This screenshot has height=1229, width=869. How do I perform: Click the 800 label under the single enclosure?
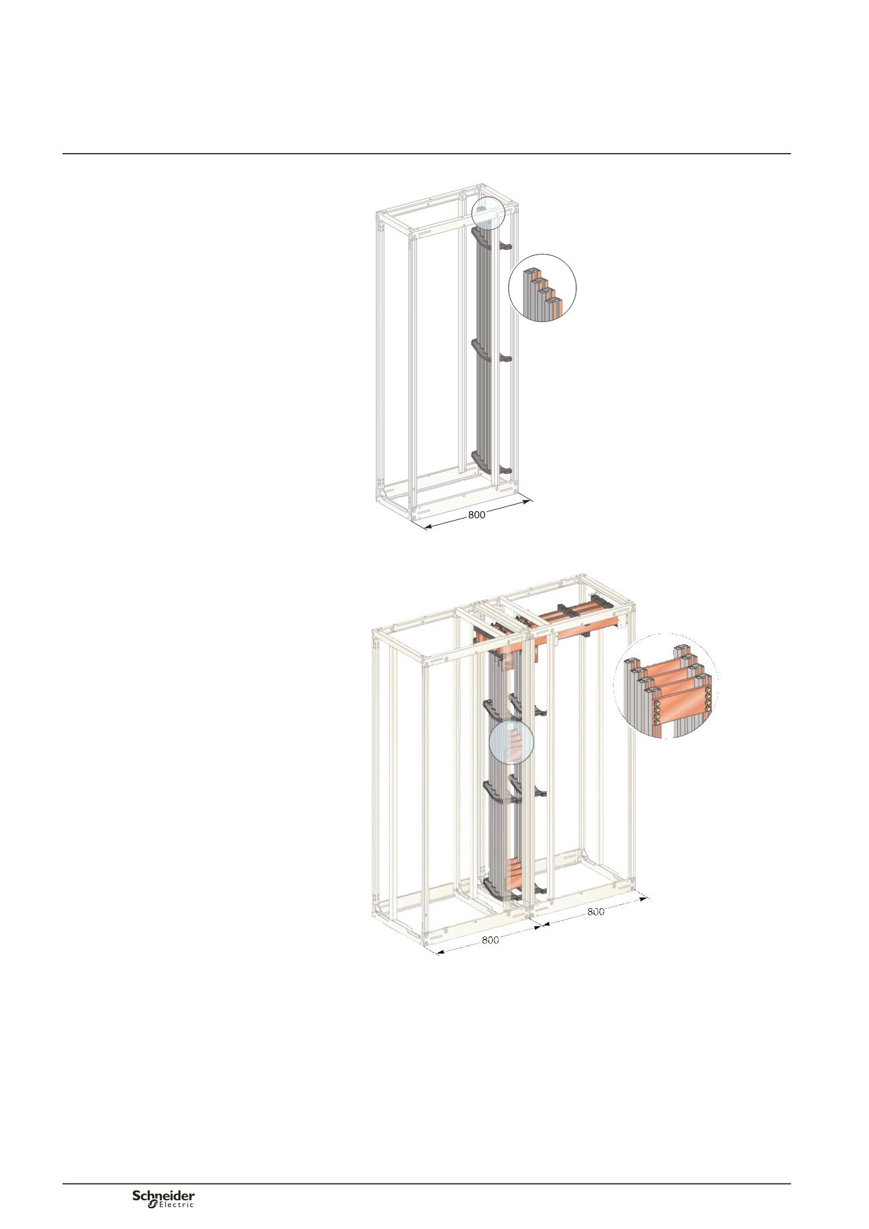point(477,515)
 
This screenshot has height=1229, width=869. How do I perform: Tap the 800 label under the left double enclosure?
point(490,940)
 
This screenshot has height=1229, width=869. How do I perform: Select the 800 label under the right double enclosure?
point(595,912)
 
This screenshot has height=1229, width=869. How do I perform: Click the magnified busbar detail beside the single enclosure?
point(543,288)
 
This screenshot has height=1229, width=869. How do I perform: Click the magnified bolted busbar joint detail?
point(666,686)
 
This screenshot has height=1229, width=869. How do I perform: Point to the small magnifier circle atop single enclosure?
point(487,213)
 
